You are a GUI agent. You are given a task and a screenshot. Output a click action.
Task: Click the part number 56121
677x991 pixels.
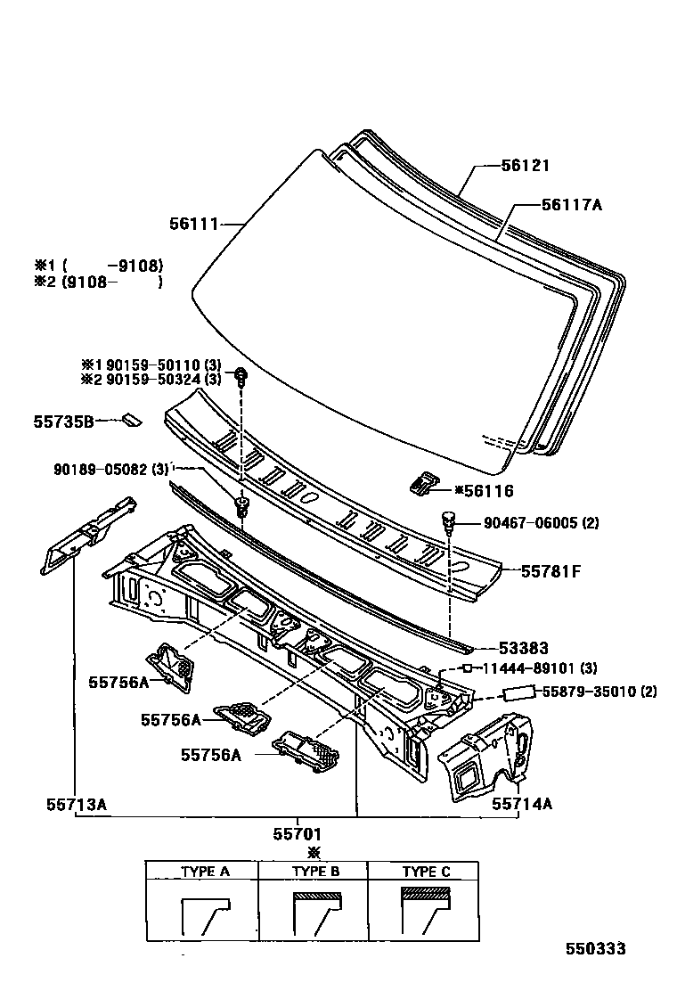click(525, 166)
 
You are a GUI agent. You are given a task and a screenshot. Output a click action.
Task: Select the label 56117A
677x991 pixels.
click(571, 205)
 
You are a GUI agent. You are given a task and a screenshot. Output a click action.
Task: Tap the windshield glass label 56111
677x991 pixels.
click(193, 224)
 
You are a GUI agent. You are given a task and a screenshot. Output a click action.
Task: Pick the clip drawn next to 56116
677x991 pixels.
click(425, 483)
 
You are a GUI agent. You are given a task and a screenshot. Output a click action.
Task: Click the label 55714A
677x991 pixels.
click(522, 803)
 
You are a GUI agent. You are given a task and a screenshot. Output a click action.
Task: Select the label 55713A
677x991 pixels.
click(77, 803)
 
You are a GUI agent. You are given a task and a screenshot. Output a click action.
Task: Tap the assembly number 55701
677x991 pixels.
click(297, 834)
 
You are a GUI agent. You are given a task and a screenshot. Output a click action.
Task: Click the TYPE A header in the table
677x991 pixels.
click(206, 872)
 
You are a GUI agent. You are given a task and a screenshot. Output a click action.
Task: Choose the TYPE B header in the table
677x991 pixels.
click(316, 872)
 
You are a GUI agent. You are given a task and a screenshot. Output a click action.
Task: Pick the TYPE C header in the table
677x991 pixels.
click(426, 872)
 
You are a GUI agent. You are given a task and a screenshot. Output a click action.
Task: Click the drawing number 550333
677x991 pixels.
click(595, 949)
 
